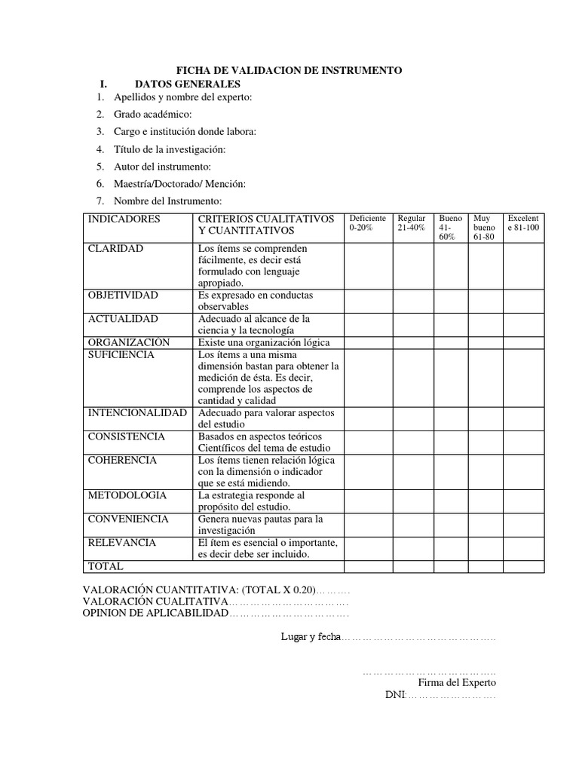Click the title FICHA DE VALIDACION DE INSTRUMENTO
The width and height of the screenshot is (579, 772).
[x=289, y=70]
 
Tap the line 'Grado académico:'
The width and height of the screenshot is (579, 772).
[x=153, y=114]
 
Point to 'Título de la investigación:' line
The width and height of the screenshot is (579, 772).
[x=170, y=149]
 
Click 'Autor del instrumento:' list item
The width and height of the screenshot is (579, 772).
[x=162, y=166]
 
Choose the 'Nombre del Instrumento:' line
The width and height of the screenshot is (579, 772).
[x=167, y=201]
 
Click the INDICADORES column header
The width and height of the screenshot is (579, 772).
[x=124, y=219]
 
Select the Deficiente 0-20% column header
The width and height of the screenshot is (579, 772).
[x=368, y=223]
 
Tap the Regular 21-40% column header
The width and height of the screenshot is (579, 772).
[x=412, y=223]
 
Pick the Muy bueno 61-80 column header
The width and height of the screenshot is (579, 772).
[x=484, y=227]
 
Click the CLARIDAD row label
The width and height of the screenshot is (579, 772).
[x=116, y=249]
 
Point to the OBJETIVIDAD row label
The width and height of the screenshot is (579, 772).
[x=124, y=296]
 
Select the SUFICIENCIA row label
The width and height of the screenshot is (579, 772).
[x=121, y=354]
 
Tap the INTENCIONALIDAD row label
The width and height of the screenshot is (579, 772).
[x=137, y=413]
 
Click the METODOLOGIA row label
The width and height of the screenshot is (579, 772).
[x=127, y=495]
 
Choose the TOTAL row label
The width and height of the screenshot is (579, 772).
[x=106, y=566]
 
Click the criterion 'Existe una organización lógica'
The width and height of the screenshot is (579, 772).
[x=264, y=342]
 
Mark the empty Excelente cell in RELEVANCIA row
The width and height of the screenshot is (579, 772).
[x=523, y=548]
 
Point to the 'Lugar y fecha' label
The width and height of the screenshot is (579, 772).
[x=311, y=637]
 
